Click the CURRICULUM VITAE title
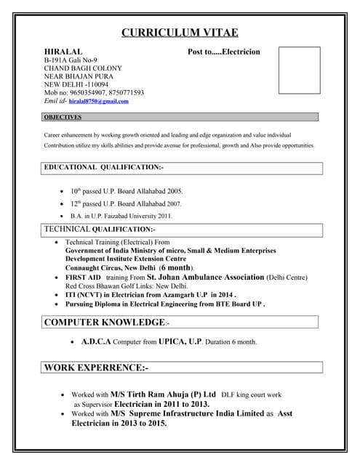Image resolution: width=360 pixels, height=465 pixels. click(179, 32)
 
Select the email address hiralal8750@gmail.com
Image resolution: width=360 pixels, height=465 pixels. click(99, 102)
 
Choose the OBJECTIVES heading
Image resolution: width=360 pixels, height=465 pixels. click(63, 117)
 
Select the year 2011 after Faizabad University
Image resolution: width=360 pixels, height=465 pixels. click(163, 216)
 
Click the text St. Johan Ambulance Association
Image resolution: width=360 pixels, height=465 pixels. click(206, 278)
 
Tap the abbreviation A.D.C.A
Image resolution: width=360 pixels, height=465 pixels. click(97, 341)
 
